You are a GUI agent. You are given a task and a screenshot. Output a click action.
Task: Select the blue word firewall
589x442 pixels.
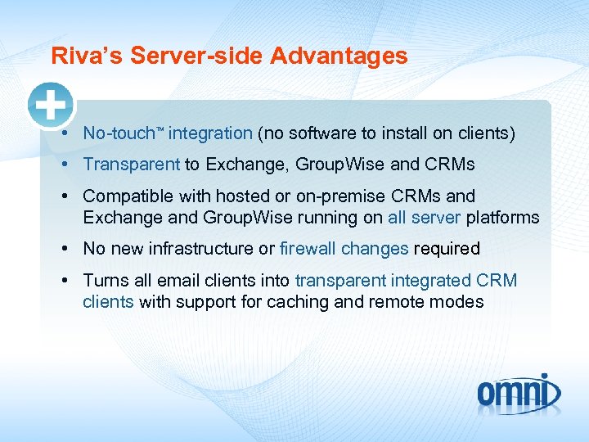point(308,249)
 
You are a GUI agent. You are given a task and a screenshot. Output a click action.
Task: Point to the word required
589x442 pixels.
point(447,249)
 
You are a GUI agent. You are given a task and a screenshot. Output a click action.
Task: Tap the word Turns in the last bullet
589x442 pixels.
point(104,281)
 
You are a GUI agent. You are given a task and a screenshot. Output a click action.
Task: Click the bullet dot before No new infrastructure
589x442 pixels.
point(64,249)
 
